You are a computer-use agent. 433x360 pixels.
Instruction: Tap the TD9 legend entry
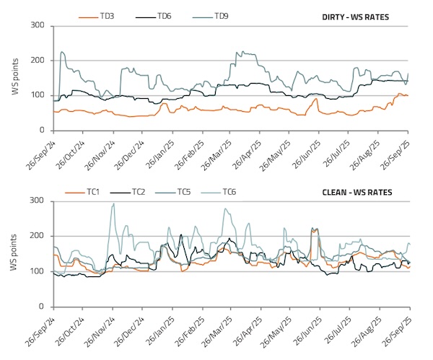click(x=222, y=15)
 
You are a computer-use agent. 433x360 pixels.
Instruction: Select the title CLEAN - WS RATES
click(x=367, y=192)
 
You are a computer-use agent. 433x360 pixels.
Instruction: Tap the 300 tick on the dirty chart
click(x=38, y=26)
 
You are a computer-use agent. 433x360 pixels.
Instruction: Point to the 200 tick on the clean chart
click(x=38, y=236)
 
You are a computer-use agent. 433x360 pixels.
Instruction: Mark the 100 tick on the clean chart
click(x=38, y=271)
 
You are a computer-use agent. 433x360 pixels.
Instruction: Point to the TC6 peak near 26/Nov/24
click(x=113, y=204)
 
